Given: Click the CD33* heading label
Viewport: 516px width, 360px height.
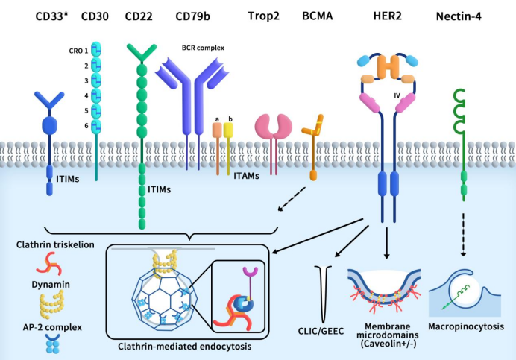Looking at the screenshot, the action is point(52,16).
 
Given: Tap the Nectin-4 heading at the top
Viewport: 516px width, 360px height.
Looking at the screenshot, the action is point(459,16).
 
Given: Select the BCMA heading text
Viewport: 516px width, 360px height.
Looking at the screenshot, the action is point(317,16).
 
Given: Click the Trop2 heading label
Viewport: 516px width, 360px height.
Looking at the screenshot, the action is point(264,16).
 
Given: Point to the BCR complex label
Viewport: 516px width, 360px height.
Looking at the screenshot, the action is point(203,48).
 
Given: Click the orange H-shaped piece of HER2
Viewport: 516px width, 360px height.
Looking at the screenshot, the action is point(388,67).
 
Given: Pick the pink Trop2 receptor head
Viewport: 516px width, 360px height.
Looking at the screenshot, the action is point(274,126).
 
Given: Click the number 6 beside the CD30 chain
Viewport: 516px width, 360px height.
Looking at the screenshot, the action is point(86,126).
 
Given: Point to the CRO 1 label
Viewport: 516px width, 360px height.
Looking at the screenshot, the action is point(78,51).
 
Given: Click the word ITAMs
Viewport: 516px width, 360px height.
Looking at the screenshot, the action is point(247,176).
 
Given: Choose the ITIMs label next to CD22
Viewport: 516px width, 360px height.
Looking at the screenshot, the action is point(160,190).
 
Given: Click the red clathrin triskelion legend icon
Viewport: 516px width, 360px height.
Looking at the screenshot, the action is point(49,264).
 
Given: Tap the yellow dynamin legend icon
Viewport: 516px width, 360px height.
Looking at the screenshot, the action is point(51,304).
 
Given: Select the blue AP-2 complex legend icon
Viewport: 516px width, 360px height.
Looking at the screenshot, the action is point(53,344).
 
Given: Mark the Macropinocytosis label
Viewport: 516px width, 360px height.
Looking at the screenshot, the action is point(466,326).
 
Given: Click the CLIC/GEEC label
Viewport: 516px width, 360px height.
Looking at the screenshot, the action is point(321,331).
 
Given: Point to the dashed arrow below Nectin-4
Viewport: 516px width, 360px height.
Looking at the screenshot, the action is point(463,235).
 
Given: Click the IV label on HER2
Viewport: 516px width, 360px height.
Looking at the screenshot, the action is point(397,95).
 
